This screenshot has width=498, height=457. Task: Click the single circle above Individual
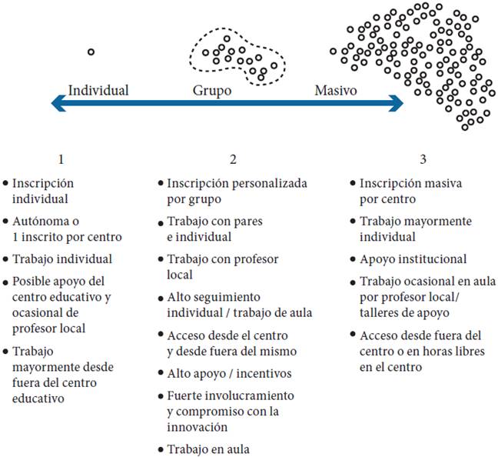pyautogui.click(x=91, y=52)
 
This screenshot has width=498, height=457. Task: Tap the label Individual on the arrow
pyautogui.click(x=98, y=91)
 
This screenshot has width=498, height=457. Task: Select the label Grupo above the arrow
pyautogui.click(x=212, y=91)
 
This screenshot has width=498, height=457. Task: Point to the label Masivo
pyautogui.click(x=336, y=91)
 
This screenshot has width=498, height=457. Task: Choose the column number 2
pyautogui.click(x=232, y=160)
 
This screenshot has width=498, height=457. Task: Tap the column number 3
pyautogui.click(x=423, y=160)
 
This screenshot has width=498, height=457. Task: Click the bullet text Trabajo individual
pyautogui.click(x=61, y=259)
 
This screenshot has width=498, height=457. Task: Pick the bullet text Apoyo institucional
pyautogui.click(x=413, y=259)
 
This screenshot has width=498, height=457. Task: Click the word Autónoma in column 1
pyautogui.click(x=39, y=222)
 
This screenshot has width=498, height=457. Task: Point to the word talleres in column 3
pyautogui.click(x=380, y=314)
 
